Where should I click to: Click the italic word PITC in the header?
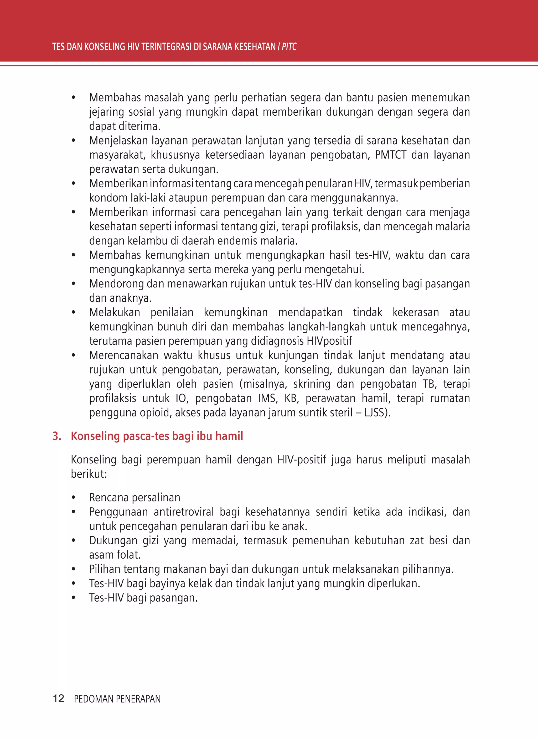(x=289, y=47)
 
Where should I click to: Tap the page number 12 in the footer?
(x=58, y=698)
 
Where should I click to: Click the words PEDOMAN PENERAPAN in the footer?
(x=117, y=699)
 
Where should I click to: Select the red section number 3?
(x=57, y=436)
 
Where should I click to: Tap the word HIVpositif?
(x=329, y=341)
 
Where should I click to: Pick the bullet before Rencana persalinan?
(x=74, y=498)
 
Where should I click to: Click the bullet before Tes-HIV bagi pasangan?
(x=74, y=598)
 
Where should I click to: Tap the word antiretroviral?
(x=184, y=512)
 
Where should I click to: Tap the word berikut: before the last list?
(x=89, y=474)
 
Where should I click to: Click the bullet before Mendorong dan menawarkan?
(x=74, y=284)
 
